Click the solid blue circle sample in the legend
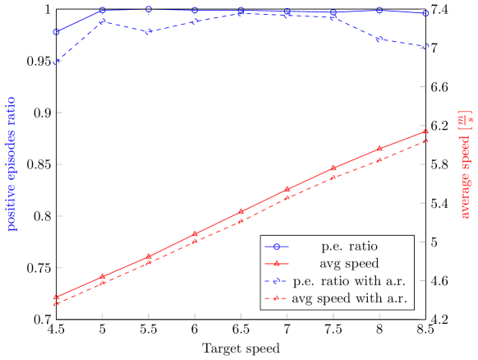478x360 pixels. [277, 246]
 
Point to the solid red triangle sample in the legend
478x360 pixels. [277, 264]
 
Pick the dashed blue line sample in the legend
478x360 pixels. [277, 281]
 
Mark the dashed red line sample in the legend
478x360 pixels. [277, 299]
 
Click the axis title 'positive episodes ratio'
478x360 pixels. [11, 164]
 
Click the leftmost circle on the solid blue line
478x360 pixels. [56, 32]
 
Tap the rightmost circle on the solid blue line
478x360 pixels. [425, 13]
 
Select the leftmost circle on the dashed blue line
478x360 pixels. [56, 62]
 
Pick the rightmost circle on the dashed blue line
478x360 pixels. [425, 47]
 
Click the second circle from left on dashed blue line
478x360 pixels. [102, 21]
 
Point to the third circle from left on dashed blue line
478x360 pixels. [148, 32]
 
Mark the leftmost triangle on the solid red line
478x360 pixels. [56, 297]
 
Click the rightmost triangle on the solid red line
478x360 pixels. [425, 132]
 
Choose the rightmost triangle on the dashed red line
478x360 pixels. [425, 141]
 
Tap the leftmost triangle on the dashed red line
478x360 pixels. [56, 303]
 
